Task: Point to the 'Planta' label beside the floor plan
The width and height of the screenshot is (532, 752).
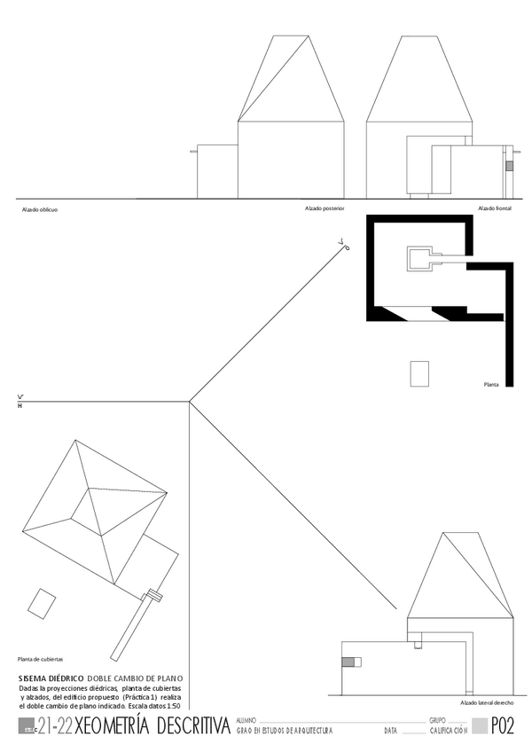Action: coord(490,385)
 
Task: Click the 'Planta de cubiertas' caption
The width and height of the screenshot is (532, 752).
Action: coord(40,659)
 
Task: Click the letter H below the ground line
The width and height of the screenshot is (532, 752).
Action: coord(20,406)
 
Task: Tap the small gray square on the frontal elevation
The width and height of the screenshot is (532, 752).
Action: coord(509,166)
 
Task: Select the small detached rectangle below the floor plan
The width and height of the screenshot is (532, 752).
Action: coord(419,373)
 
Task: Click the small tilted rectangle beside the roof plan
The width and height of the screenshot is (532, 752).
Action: coord(40,603)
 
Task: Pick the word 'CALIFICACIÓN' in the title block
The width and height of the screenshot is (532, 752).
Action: coord(448,731)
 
